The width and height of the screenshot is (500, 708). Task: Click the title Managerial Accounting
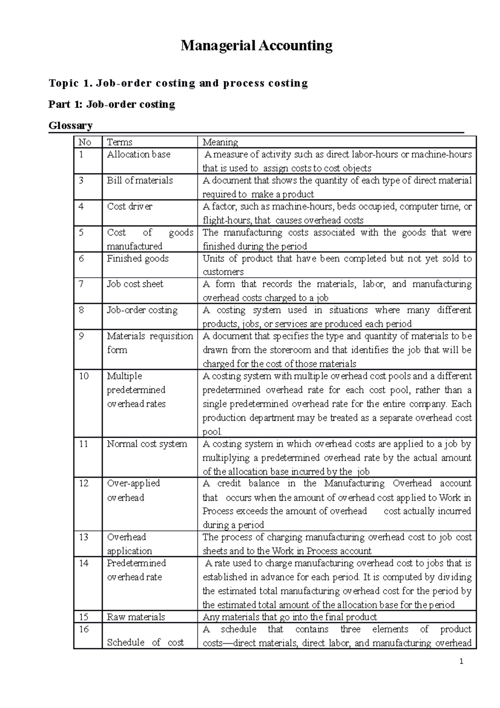click(256, 45)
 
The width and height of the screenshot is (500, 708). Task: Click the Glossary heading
click(70, 125)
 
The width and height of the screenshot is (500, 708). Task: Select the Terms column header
click(120, 142)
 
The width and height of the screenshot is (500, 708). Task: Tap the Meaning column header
click(220, 142)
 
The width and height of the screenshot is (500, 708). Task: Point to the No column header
click(85, 142)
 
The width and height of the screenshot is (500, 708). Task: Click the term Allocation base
click(138, 154)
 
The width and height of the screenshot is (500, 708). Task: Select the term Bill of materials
click(140, 180)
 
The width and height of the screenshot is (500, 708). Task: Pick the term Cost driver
click(130, 206)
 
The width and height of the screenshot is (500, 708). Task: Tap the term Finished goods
click(137, 258)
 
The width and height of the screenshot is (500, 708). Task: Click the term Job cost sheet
click(135, 284)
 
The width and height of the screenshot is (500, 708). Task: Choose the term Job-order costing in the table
click(142, 310)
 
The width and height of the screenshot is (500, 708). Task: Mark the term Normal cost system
click(147, 444)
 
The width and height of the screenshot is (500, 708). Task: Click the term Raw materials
click(136, 617)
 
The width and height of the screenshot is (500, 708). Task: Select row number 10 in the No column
click(84, 376)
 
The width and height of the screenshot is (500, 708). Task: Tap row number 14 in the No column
click(84, 563)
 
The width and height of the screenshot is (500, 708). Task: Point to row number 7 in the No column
click(81, 284)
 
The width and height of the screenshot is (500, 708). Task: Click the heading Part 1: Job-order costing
click(112, 104)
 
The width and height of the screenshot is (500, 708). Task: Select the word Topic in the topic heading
click(63, 83)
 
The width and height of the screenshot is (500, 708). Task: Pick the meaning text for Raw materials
click(290, 617)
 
